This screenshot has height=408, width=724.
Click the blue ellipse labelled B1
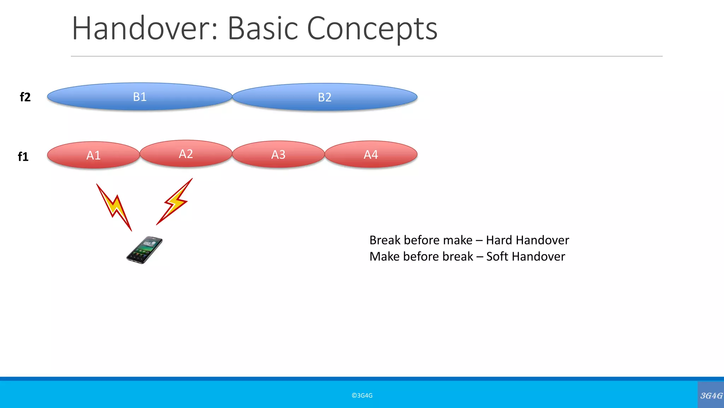140,97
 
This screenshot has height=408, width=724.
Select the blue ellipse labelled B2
325,97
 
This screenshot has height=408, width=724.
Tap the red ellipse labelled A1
93,155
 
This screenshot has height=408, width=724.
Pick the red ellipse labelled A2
186,154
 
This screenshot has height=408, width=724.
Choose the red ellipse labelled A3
278,154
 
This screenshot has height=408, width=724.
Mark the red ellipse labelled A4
371,154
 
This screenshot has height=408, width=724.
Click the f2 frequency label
25,97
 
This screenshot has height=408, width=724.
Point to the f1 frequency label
23,157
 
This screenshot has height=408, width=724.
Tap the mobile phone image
145,250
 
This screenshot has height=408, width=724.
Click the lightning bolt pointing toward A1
114,207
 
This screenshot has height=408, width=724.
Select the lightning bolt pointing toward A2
175,202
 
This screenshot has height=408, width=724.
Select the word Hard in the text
499,240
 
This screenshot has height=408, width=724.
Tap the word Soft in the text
497,256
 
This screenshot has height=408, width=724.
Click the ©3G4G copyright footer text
362,396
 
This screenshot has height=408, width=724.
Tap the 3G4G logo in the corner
711,396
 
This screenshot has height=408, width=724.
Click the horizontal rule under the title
366,56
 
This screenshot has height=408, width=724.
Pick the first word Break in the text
385,240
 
